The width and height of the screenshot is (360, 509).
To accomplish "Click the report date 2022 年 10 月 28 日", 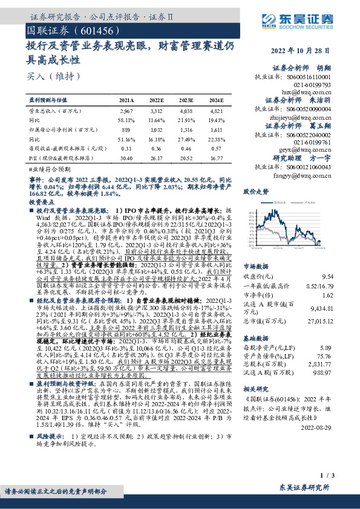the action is coord(304,51).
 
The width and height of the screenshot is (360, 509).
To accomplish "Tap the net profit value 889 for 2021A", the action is coord(126,129).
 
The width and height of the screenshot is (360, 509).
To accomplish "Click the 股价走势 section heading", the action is coord(255,191).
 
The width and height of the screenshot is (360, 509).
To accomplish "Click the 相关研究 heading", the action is coord(255,389).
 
